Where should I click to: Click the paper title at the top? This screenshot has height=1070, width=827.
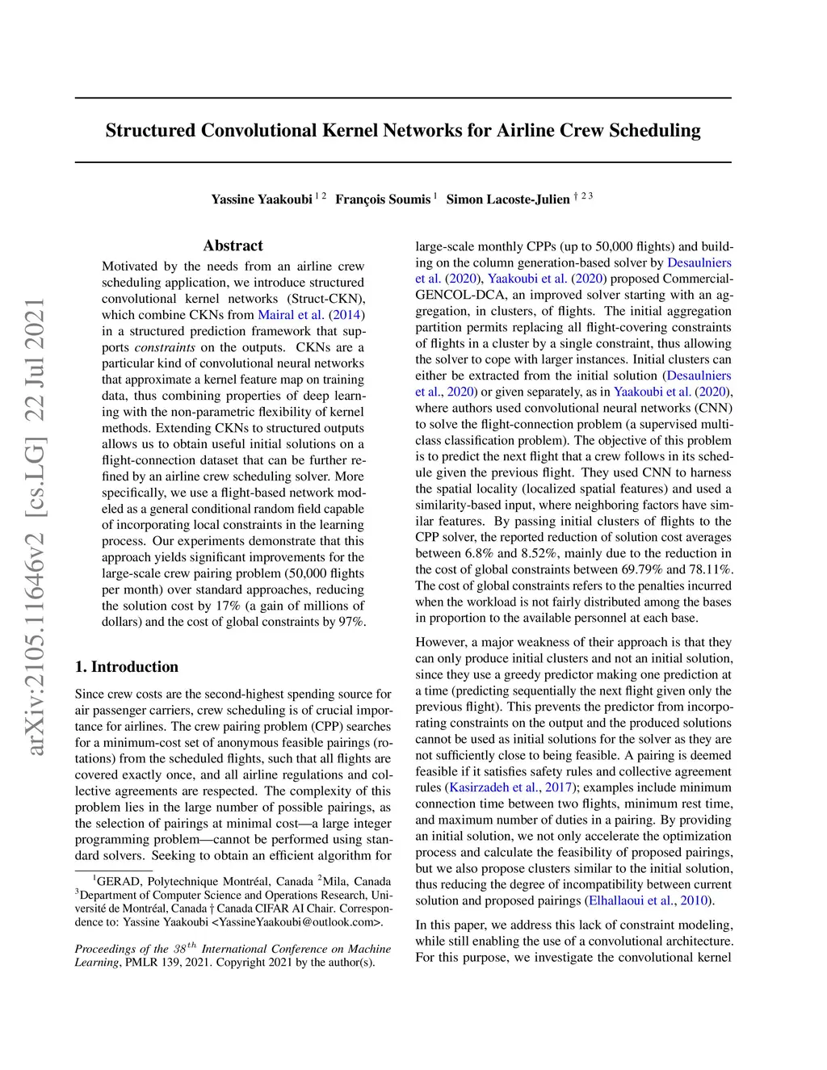click(403, 131)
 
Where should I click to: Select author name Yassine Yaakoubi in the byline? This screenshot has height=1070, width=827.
click(262, 199)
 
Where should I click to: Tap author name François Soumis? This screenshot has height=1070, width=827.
click(383, 199)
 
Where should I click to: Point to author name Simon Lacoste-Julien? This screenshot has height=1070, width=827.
click(508, 199)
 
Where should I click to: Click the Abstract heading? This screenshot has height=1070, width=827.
click(233, 245)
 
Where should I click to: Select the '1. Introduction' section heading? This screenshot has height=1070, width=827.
click(127, 667)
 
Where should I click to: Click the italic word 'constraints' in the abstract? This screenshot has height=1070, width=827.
click(165, 347)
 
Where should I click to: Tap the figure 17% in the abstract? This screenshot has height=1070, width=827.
click(230, 606)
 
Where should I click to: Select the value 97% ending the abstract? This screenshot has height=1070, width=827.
click(352, 622)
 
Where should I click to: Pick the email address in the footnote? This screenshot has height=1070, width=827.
click(296, 922)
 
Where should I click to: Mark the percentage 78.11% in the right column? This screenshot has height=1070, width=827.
click(707, 569)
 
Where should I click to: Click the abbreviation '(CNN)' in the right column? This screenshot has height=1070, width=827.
click(716, 408)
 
